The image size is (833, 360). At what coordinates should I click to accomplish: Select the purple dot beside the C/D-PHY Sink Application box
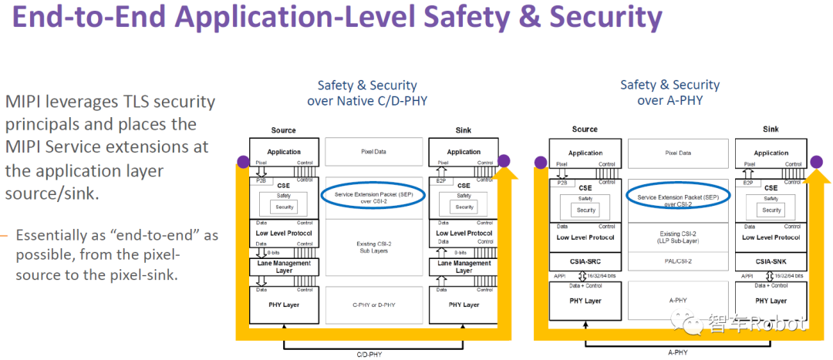(x=504, y=161)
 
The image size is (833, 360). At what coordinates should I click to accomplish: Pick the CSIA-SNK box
(x=771, y=261)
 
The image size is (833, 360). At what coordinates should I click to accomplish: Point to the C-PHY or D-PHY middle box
(x=374, y=304)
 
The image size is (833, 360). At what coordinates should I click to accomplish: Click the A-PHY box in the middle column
(x=678, y=301)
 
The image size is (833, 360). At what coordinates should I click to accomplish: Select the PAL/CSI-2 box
(x=678, y=261)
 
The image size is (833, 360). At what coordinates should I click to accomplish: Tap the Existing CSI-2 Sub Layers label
(x=374, y=246)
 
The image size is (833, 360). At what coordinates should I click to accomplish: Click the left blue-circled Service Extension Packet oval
(x=374, y=196)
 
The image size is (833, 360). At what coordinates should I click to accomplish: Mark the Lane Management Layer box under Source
(x=283, y=267)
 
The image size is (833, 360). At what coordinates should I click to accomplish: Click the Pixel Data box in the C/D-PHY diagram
(x=374, y=152)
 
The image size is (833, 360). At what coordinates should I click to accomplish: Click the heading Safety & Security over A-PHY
(x=669, y=93)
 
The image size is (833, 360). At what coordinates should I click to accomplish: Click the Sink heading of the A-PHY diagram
(x=771, y=130)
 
